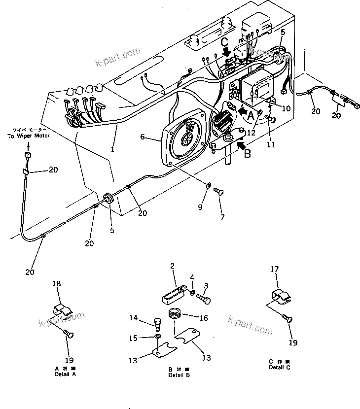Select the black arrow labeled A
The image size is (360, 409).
(x=242, y=112)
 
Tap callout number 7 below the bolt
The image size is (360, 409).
(x=222, y=217)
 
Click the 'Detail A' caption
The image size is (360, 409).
(x=65, y=374)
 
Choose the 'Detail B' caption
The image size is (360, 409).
(x=176, y=375)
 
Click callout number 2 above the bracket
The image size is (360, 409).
(x=173, y=267)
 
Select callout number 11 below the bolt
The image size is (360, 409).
(x=270, y=144)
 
